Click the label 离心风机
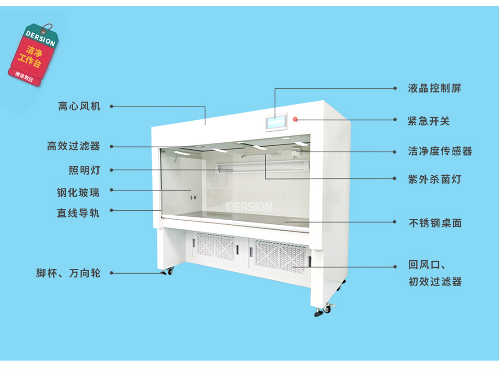pos(79,106)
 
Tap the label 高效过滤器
pos(74,146)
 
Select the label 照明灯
pos(84,170)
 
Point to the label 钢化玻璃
pos(78,193)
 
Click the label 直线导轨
pos(78,213)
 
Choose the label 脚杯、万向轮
pos(68,273)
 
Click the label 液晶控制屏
pos(435,88)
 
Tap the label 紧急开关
pos(429,121)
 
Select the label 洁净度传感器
pos(440,151)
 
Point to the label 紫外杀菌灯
pos(435,179)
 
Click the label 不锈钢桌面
pos(435,223)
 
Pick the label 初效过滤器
pos(435,282)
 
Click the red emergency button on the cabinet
pos(295,119)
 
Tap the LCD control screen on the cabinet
pos(276,122)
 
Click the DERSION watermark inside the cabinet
pos(249,207)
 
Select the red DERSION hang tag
pos(33,54)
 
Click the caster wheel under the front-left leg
pos(168,271)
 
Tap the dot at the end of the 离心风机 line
pos(111,106)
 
